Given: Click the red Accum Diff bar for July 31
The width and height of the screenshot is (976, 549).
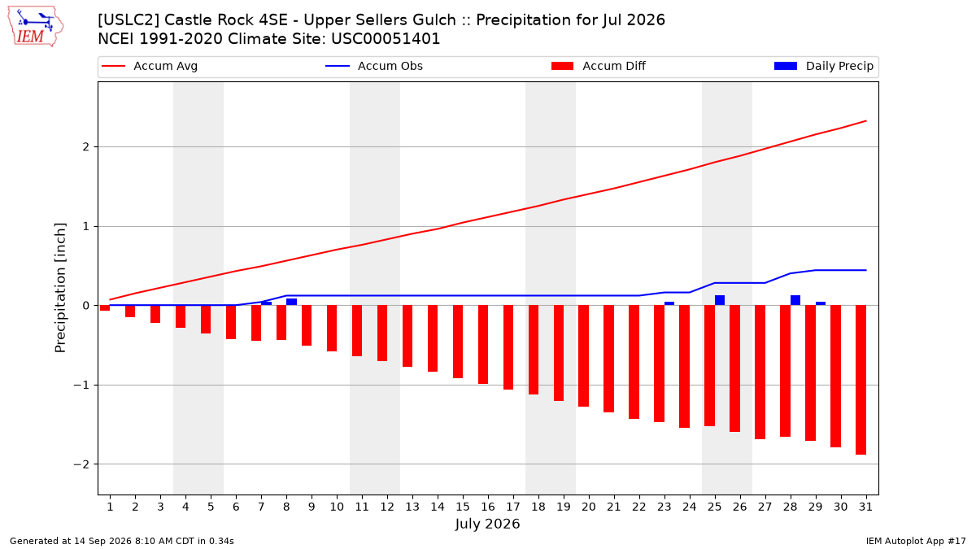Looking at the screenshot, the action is pos(861,380).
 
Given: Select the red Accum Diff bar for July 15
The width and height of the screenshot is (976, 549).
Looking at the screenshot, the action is pos(457,342).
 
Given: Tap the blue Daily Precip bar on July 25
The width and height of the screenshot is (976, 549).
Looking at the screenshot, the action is pos(720,300).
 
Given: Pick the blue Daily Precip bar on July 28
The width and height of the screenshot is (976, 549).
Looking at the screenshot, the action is pos(795,300).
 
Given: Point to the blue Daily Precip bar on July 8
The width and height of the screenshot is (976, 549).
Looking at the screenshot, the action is pos(291,302).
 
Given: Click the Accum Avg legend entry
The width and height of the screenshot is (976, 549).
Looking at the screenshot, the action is pos(150,66).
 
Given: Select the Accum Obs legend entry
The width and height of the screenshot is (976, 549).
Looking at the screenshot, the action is pos(374,66).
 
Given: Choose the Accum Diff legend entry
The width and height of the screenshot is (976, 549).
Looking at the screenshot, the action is pos(599,66).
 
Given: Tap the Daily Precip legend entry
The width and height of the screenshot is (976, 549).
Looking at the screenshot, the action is pos(823,66).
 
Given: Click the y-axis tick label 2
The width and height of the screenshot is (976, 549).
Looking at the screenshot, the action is pos(86,147).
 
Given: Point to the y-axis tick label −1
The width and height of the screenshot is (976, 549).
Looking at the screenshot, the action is pos(81,386).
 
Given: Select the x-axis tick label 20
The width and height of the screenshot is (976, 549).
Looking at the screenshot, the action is pos(589,507).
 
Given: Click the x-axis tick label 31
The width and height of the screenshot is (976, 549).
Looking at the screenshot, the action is pos(865,507).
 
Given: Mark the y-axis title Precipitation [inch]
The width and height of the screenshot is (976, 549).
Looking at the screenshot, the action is pos(60,288).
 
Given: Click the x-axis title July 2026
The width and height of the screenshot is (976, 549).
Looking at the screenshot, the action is pos(487,524).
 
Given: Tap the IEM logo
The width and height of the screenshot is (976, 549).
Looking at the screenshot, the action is pos(35,27).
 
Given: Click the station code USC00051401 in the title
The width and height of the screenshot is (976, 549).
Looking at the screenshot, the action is pos(386,39).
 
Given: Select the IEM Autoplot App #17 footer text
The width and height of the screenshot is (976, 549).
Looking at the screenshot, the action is pos(916,541).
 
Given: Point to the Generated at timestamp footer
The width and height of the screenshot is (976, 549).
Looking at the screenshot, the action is pos(121,541).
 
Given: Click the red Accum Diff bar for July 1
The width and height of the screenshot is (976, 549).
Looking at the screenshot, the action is pos(105,308).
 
